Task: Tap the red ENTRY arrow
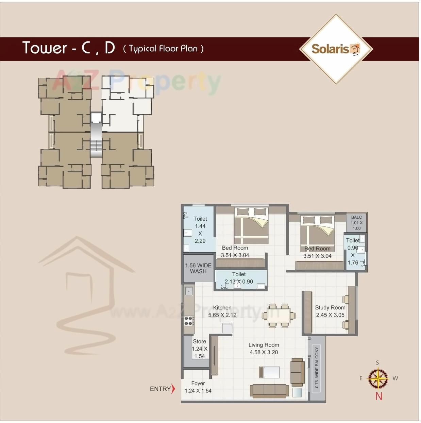173,388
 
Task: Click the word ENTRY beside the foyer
160,389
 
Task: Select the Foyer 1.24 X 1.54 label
198,387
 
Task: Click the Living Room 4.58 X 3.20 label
264,349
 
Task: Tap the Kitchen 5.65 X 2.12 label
222,311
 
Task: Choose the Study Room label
330,311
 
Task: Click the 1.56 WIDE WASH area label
198,268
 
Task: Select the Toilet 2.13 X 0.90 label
239,278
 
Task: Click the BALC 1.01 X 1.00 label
356,223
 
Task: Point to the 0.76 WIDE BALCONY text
317,367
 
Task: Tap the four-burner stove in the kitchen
189,321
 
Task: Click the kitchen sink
189,291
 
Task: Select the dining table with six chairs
279,315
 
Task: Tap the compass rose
378,378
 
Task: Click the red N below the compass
378,396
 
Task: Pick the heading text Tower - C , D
68,48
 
